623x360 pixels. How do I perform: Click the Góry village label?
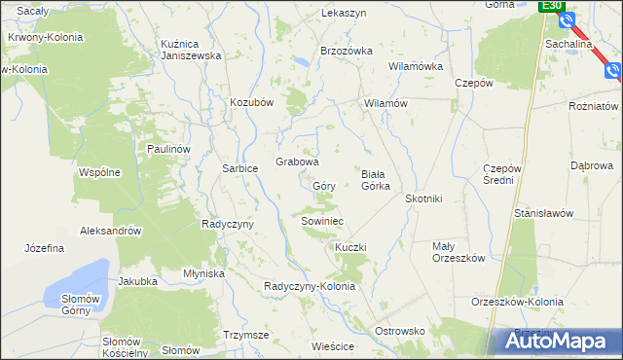pyautogui.click(x=324, y=185)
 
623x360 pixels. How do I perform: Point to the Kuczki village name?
pyautogui.click(x=350, y=248)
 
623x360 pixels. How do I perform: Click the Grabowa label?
pyautogui.click(x=297, y=162)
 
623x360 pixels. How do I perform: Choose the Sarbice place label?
pyautogui.click(x=239, y=168)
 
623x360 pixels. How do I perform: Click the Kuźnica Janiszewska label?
pyautogui.click(x=192, y=50)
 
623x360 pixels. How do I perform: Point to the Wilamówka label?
pyautogui.click(x=416, y=67)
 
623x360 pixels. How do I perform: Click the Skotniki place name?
pyautogui.click(x=423, y=198)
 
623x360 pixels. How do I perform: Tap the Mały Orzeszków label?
pyautogui.click(x=458, y=252)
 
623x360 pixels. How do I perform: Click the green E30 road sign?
pyautogui.click(x=552, y=6)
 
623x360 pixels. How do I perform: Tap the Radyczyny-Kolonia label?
pyautogui.click(x=310, y=285)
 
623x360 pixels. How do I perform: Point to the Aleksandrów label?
pyautogui.click(x=112, y=232)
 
